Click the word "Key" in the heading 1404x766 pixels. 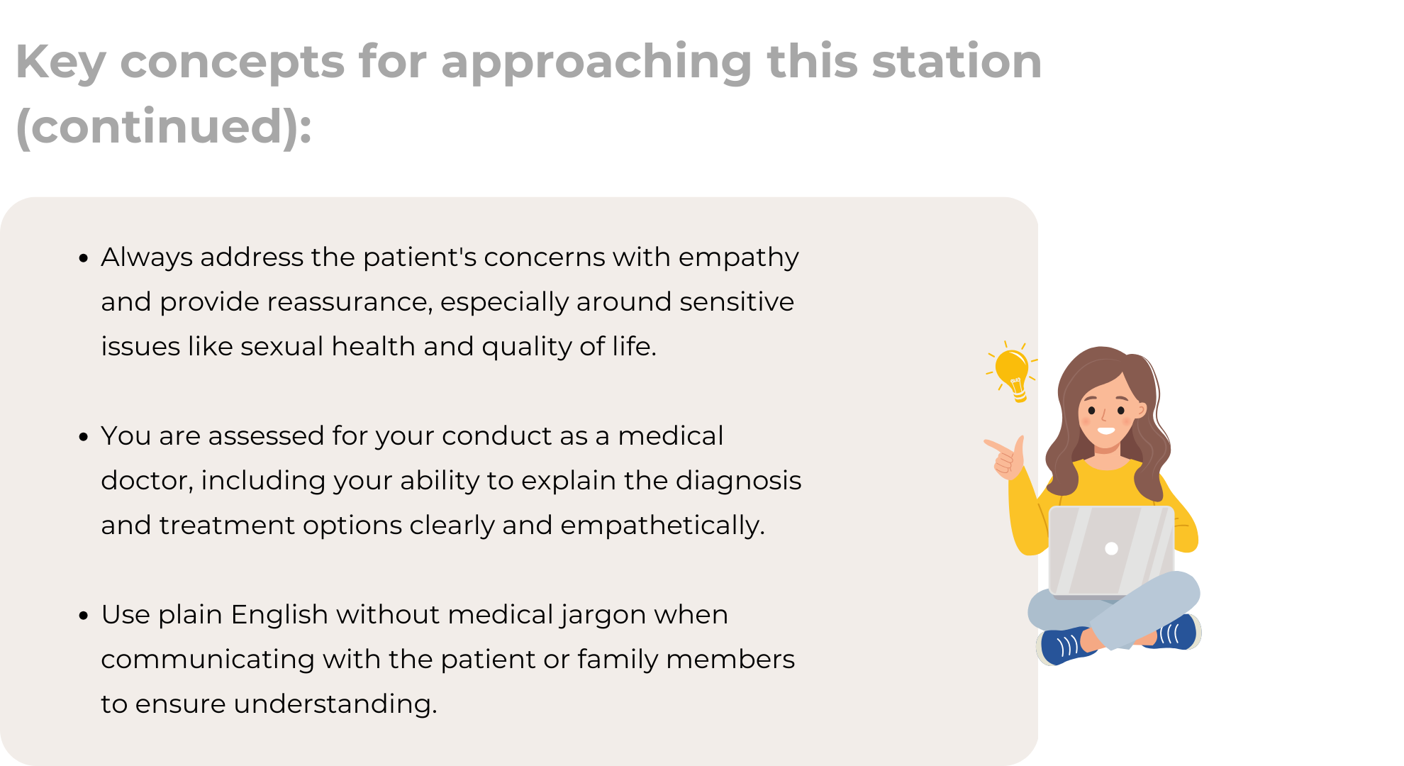pyautogui.click(x=61, y=62)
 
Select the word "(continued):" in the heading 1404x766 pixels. pyautogui.click(x=164, y=127)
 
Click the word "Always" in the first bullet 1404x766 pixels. pyautogui.click(x=147, y=257)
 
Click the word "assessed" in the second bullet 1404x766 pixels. pyautogui.click(x=266, y=435)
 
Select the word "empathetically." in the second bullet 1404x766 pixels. pyautogui.click(x=662, y=526)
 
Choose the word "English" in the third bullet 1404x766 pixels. pyautogui.click(x=279, y=615)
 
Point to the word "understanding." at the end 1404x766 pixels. pyautogui.click(x=335, y=704)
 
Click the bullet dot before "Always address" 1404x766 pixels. pyautogui.click(x=84, y=259)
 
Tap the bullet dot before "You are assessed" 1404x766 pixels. pyautogui.click(x=84, y=438)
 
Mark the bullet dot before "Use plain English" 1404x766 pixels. pyautogui.click(x=84, y=616)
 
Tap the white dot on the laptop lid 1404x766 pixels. pyautogui.click(x=1111, y=548)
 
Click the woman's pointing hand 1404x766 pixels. pyautogui.click(x=1005, y=457)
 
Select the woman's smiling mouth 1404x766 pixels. pyautogui.click(x=1105, y=431)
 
